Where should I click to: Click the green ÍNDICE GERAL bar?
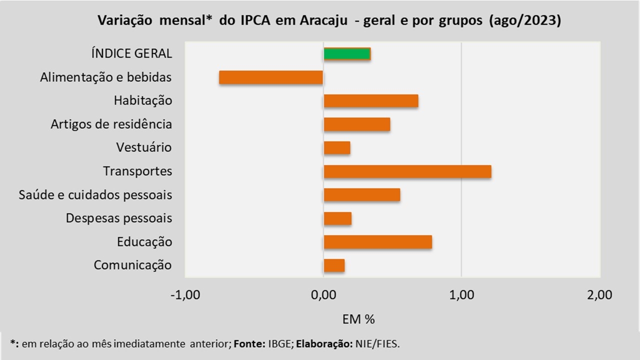pyautogui.click(x=347, y=54)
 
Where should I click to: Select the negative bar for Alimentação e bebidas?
pyautogui.click(x=271, y=77)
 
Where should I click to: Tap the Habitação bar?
pyautogui.click(x=371, y=101)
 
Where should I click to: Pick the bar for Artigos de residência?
pyautogui.click(x=357, y=124)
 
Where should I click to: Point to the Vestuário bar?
pyautogui.click(x=337, y=148)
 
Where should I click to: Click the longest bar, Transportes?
pyautogui.click(x=407, y=171)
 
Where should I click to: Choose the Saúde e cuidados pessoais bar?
pyautogui.click(x=362, y=195)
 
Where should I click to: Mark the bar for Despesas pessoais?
pyautogui.click(x=337, y=218)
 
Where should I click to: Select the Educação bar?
pyautogui.click(x=378, y=242)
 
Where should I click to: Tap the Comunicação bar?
pyautogui.click(x=334, y=265)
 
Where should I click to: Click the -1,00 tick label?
pyautogui.click(x=185, y=295)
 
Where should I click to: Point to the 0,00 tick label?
pyautogui.click(x=323, y=295)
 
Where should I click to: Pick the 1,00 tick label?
pyautogui.click(x=461, y=295)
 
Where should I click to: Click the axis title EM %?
pyautogui.click(x=358, y=319)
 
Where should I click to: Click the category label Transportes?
pyautogui.click(x=137, y=171)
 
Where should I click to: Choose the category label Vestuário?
pyautogui.click(x=144, y=148)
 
